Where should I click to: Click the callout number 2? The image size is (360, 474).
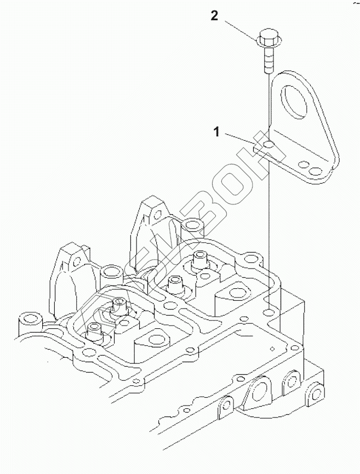(214, 16)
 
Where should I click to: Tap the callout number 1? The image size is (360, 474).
(217, 132)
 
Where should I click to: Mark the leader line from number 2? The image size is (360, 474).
(239, 30)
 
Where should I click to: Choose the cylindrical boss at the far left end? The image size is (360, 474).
(28, 319)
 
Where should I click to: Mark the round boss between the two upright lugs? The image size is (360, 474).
(112, 271)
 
